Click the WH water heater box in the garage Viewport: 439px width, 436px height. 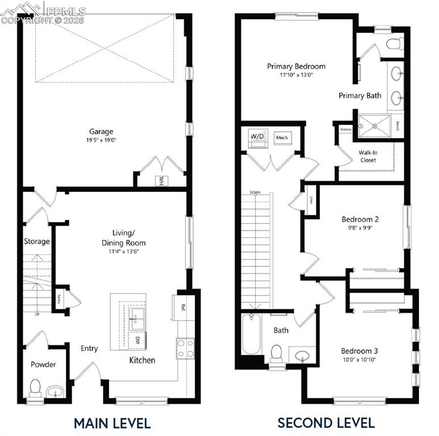coord(161,181)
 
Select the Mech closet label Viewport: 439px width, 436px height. coord(282,138)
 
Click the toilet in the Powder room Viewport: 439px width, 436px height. coord(35,388)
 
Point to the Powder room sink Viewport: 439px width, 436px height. coord(55,391)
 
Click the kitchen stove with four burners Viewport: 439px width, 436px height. coord(185,348)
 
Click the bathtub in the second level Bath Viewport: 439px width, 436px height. coord(250,334)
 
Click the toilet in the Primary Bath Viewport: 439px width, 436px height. coord(394,43)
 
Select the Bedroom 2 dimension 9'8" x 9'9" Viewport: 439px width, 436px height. coord(359,228)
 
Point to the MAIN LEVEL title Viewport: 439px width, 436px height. coord(112,423)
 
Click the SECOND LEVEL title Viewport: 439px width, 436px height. coord(325,423)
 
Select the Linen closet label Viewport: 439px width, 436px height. coord(311,200)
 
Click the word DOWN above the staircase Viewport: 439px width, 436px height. coord(255,192)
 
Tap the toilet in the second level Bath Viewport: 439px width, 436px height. coord(277,353)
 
